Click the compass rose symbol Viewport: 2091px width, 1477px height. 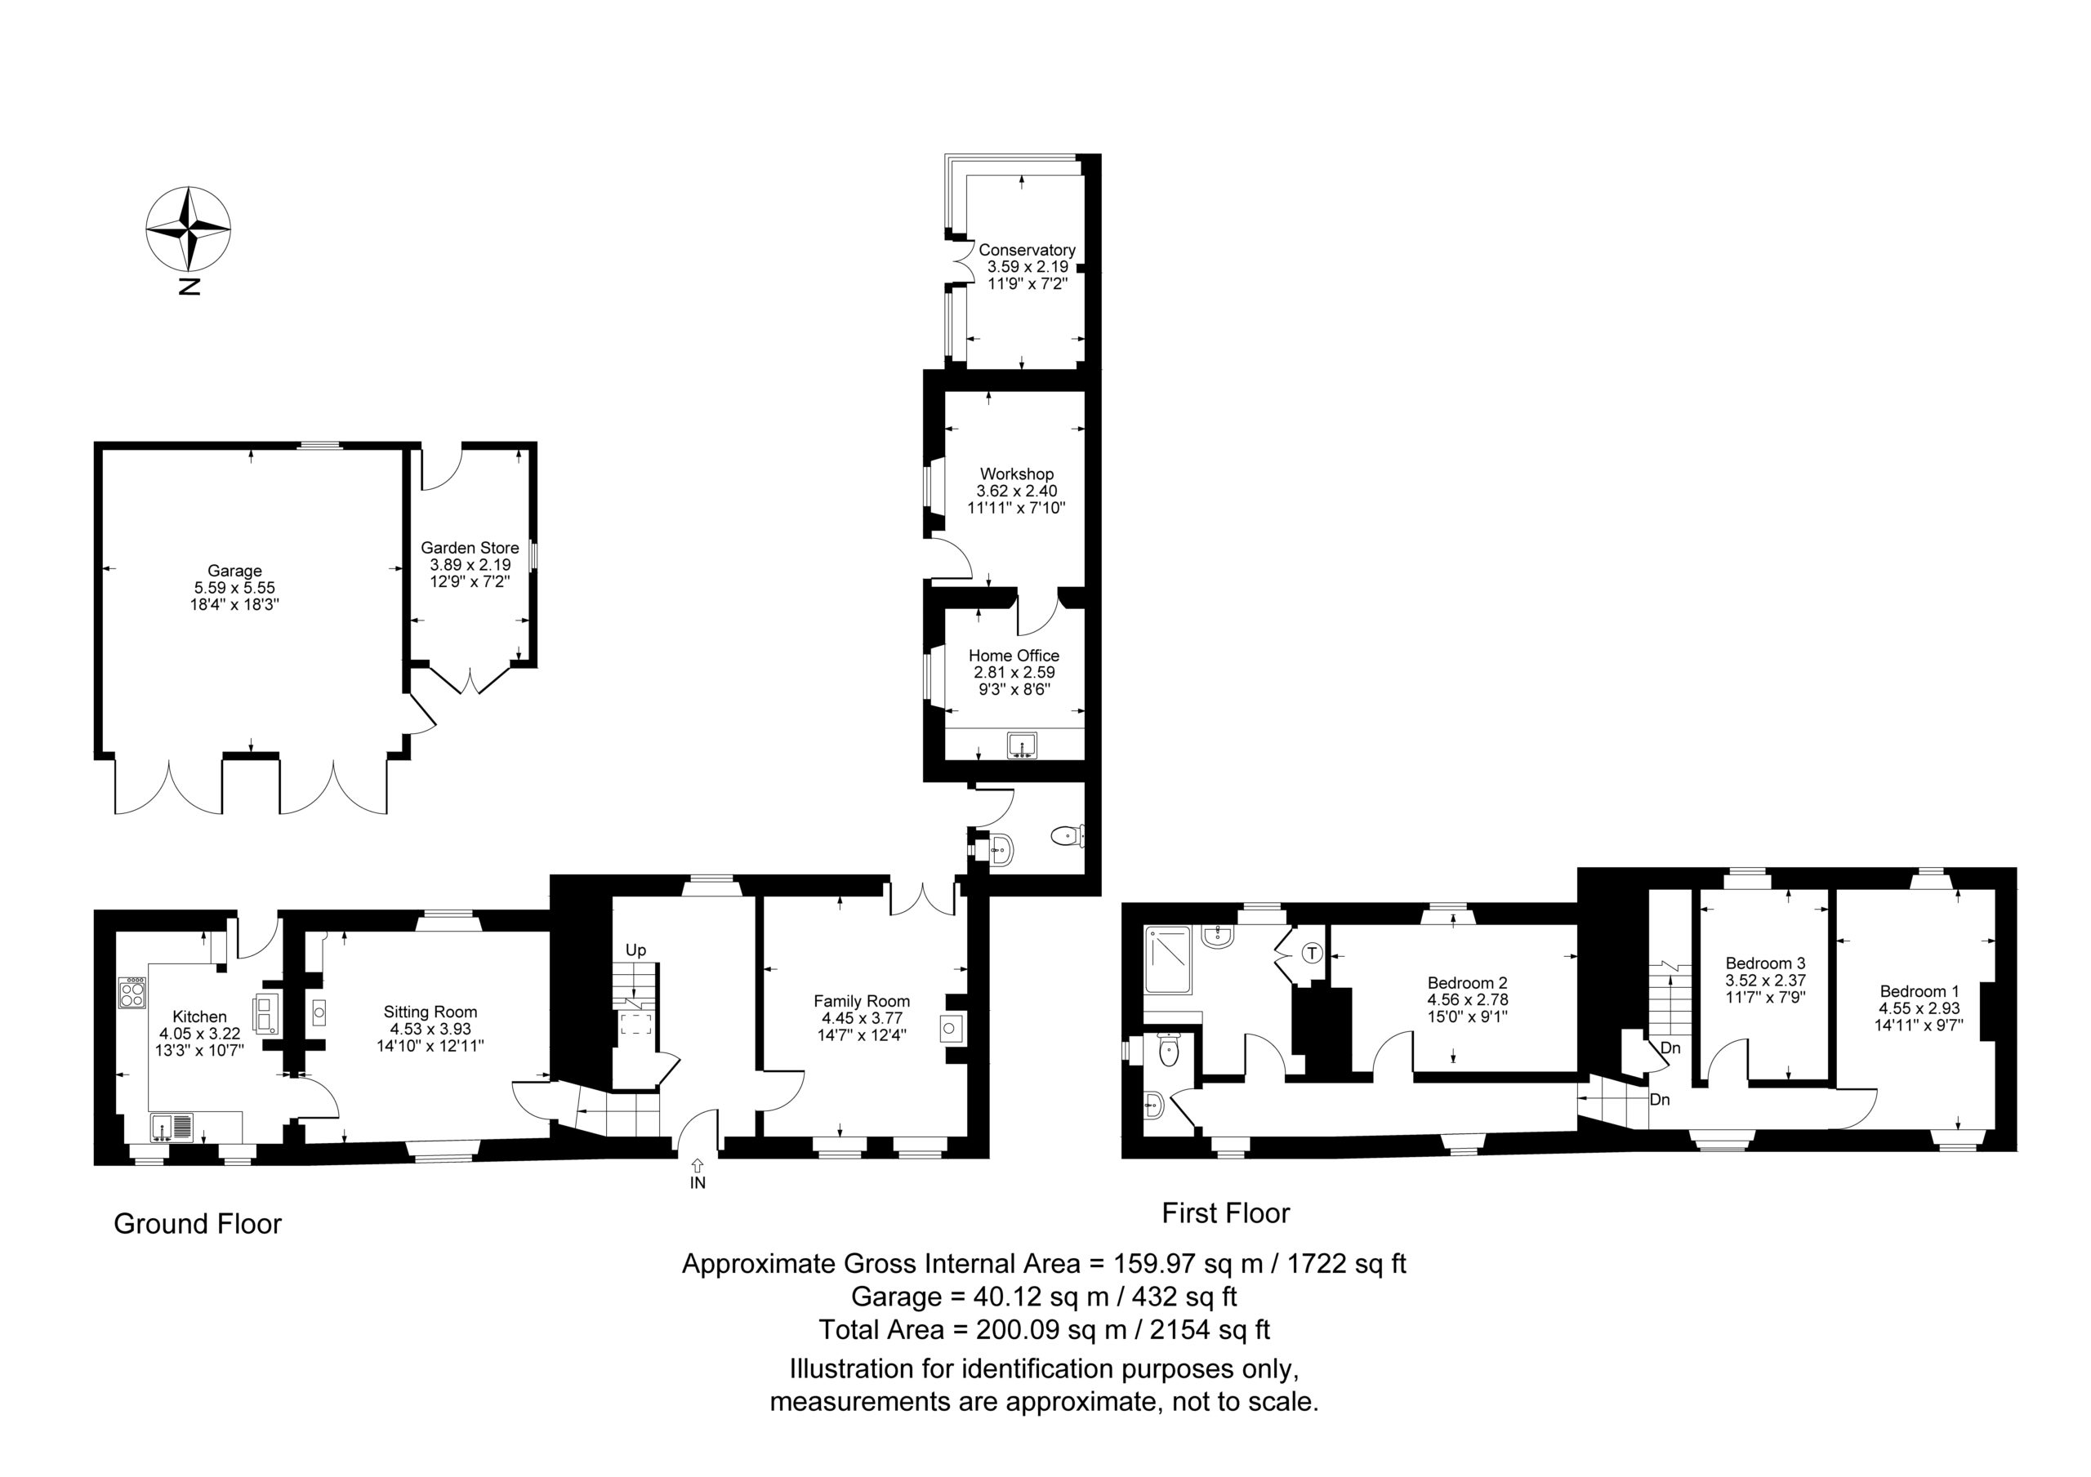(189, 229)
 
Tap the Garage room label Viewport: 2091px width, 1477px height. (234, 571)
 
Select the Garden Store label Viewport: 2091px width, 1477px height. (470, 547)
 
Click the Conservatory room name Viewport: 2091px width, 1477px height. (1027, 250)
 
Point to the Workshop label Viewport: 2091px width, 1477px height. (1016, 474)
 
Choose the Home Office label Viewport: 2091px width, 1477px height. (1014, 655)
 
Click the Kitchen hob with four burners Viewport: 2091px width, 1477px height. (132, 993)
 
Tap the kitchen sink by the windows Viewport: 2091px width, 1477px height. (172, 1128)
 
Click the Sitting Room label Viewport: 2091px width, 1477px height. (430, 1012)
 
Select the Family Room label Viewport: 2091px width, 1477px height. (862, 1001)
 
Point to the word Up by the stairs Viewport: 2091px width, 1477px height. (635, 950)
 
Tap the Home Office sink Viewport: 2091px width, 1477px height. (1022, 745)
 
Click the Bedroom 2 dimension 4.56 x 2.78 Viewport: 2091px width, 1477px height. (1467, 999)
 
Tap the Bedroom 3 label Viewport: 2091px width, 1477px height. (1765, 963)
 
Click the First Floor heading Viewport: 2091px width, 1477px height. (1226, 1213)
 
